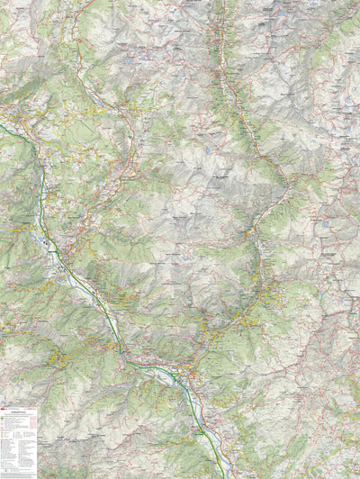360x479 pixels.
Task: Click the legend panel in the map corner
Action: [19, 442]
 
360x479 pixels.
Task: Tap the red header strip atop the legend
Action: [19, 408]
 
